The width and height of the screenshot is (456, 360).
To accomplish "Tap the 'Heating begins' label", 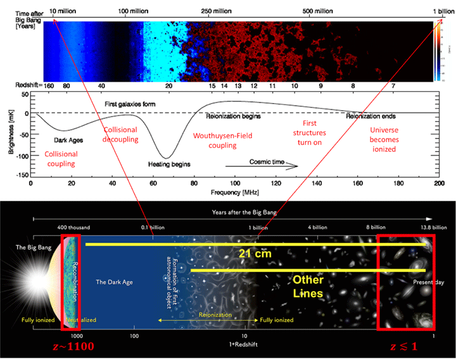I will click(174, 163).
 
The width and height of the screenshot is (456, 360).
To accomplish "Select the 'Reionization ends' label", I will click(370, 116).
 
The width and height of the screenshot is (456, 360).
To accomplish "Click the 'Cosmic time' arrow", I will click(273, 166).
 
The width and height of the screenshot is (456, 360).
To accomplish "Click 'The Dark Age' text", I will click(113, 280).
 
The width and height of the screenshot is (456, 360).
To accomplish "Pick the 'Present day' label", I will click(428, 282).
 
